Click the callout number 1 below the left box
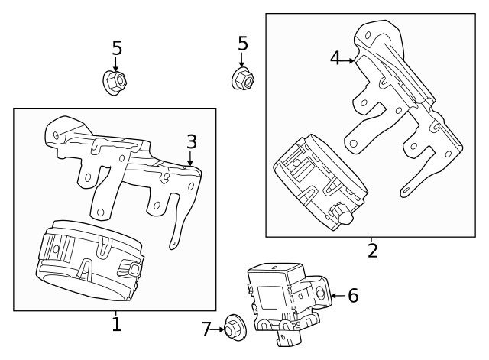click(x=116, y=324)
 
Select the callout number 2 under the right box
click(x=372, y=250)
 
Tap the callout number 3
click(x=191, y=141)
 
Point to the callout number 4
click(x=335, y=57)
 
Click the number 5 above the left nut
click(x=116, y=48)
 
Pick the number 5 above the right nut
click(x=242, y=44)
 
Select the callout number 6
click(x=352, y=295)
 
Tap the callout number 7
click(x=206, y=329)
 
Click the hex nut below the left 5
click(x=114, y=81)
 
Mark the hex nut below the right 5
click(x=243, y=77)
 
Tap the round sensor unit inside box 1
click(x=88, y=259)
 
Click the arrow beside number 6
click(x=335, y=295)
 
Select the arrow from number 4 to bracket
click(x=347, y=58)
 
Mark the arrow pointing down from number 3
click(x=191, y=157)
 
